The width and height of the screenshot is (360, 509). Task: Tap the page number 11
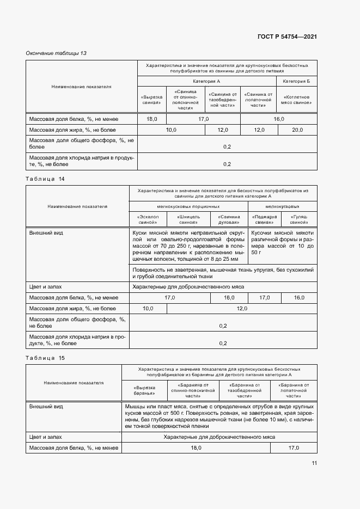pos(314,463)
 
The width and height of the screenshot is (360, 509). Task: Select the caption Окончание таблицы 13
pos(56,53)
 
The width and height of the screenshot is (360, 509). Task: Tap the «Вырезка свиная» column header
pos(152,99)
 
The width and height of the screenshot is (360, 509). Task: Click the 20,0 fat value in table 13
pos(297,130)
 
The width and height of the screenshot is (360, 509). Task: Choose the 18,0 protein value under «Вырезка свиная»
pos(152,119)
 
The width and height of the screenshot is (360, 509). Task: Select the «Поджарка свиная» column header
pos(264,219)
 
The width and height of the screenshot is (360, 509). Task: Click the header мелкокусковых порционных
pos(188,206)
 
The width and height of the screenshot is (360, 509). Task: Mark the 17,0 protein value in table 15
pos(294,447)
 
